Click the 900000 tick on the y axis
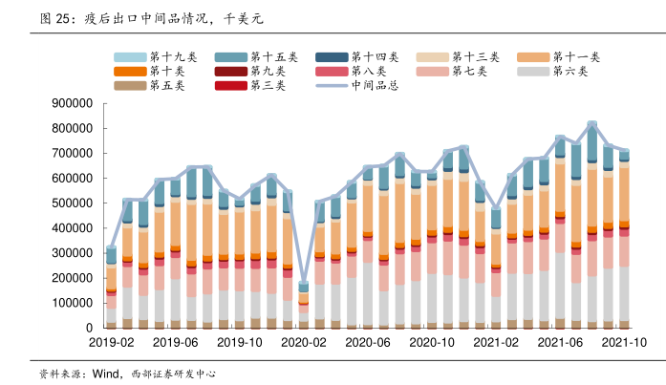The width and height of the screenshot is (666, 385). point(66,103)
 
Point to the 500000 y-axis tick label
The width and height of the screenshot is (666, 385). point(66,203)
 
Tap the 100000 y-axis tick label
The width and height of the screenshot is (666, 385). point(66,303)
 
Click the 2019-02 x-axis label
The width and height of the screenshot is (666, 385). point(112,341)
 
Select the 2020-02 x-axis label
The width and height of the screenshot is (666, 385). point(304,341)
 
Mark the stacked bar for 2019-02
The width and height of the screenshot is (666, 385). point(112,288)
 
